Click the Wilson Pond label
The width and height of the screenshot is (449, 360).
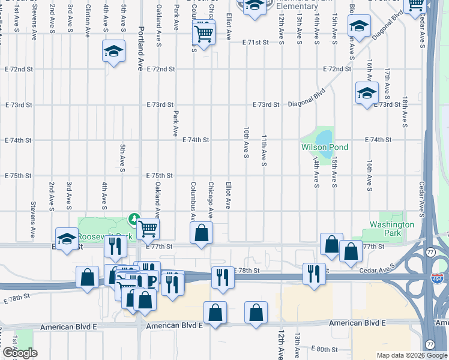pyautogui.click(x=325, y=147)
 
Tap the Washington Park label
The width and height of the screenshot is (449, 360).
pyautogui.click(x=392, y=229)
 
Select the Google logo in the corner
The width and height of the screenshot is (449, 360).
pyautogui.click(x=20, y=353)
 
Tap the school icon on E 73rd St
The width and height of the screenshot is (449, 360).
pyautogui.click(x=367, y=94)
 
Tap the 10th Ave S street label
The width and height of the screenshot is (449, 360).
pyautogui.click(x=246, y=142)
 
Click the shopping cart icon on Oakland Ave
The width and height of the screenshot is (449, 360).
pyautogui.click(x=148, y=228)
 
